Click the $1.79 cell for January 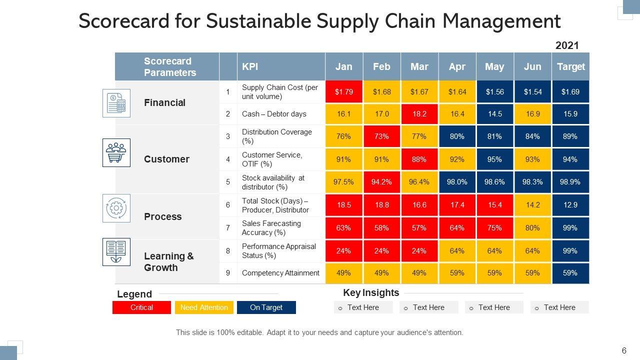(344, 92)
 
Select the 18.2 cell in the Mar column (419, 114)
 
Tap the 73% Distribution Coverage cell (381, 136)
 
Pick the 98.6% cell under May (494, 182)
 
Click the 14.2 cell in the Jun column (532, 205)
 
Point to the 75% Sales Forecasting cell (494, 228)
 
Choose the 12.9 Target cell (570, 205)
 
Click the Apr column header (457, 67)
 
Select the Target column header (570, 67)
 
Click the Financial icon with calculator (116, 103)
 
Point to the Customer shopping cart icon (116, 152)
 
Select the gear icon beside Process (116, 208)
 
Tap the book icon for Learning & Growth (116, 251)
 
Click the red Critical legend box (142, 307)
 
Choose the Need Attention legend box (204, 307)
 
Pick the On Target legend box (266, 307)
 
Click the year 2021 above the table (567, 45)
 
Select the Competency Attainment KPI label (280, 273)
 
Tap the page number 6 (624, 350)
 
